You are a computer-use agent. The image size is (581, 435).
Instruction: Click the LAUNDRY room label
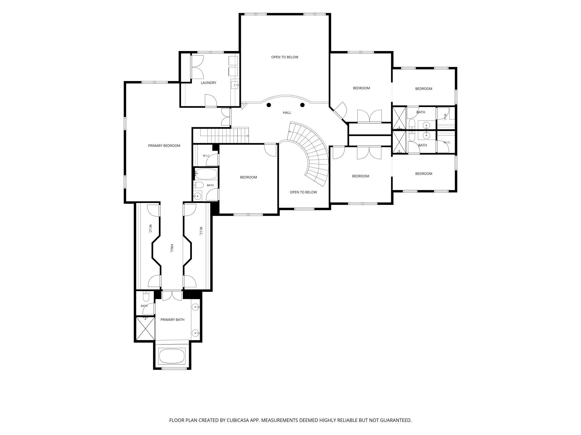[208, 83]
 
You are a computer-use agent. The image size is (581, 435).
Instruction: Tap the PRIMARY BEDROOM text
[164, 146]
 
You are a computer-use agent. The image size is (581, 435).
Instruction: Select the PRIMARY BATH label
[172, 320]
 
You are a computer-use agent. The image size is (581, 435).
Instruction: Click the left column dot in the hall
[269, 105]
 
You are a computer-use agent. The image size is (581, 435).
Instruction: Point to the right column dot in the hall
[302, 105]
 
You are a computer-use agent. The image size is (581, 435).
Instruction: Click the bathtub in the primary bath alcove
[172, 356]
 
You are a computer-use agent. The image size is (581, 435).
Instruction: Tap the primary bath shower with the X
[145, 328]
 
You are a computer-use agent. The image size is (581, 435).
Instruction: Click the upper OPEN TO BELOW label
[285, 57]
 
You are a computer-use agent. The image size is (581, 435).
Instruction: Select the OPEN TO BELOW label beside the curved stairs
[303, 192]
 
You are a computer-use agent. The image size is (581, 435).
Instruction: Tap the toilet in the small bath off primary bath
[146, 296]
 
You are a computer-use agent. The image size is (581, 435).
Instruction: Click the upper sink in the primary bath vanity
[196, 307]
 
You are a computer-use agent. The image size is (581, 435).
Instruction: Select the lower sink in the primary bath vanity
[196, 333]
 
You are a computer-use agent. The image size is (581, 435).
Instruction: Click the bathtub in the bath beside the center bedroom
[206, 174]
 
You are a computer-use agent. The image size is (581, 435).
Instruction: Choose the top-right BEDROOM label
[423, 89]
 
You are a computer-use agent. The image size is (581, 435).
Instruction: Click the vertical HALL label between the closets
[172, 248]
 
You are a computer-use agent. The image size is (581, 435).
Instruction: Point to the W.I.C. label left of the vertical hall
[150, 229]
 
